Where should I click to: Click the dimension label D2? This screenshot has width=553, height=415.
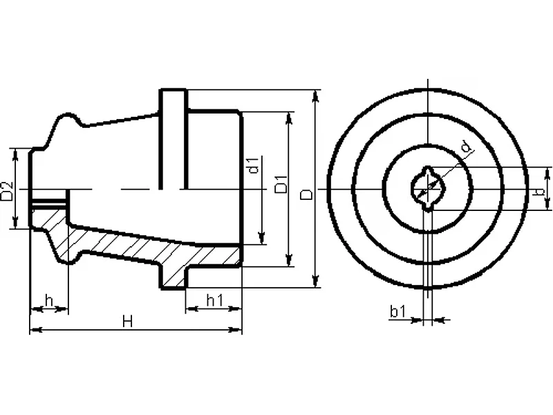pyautogui.click(x=7, y=191)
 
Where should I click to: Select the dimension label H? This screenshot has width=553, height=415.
pyautogui.click(x=128, y=322)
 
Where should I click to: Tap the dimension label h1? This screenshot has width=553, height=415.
pyautogui.click(x=215, y=301)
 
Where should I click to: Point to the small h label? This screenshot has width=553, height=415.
pyautogui.click(x=49, y=301)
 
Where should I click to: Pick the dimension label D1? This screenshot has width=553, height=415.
pyautogui.click(x=281, y=184)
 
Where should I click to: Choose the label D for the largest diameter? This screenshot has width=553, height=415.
pyautogui.click(x=306, y=194)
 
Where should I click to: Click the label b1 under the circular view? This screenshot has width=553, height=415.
pyautogui.click(x=398, y=312)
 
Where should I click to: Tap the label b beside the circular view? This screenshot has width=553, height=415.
pyautogui.click(x=540, y=192)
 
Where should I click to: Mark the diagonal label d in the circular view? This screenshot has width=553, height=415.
pyautogui.click(x=467, y=147)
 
